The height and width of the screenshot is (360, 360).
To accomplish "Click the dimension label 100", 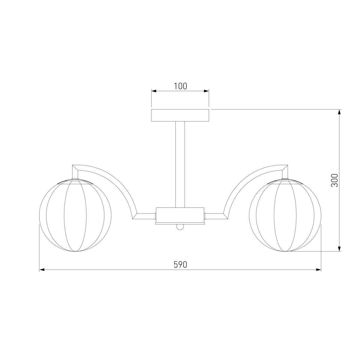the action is pyautogui.click(x=181, y=86).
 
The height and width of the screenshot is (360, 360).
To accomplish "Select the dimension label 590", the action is pyautogui.click(x=180, y=265).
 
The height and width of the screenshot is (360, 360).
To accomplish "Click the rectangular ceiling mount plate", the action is pyautogui.click(x=180, y=115).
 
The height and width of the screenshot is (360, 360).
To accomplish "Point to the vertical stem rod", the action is pyautogui.click(x=180, y=164).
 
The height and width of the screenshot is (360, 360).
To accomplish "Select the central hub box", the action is pyautogui.click(x=180, y=215).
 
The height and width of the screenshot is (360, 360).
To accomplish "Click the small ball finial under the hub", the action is pyautogui.click(x=180, y=227).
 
